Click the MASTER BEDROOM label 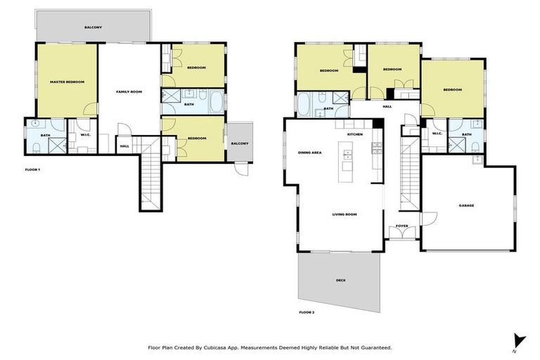(x=67, y=82)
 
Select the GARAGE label (x=466, y=205)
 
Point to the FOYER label (x=401, y=226)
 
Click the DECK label (x=340, y=280)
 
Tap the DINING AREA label (x=310, y=152)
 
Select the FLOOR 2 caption (x=306, y=311)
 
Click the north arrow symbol (x=518, y=340)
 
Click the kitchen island (x=347, y=156)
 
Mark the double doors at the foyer (x=401, y=233)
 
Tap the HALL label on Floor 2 (x=387, y=107)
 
